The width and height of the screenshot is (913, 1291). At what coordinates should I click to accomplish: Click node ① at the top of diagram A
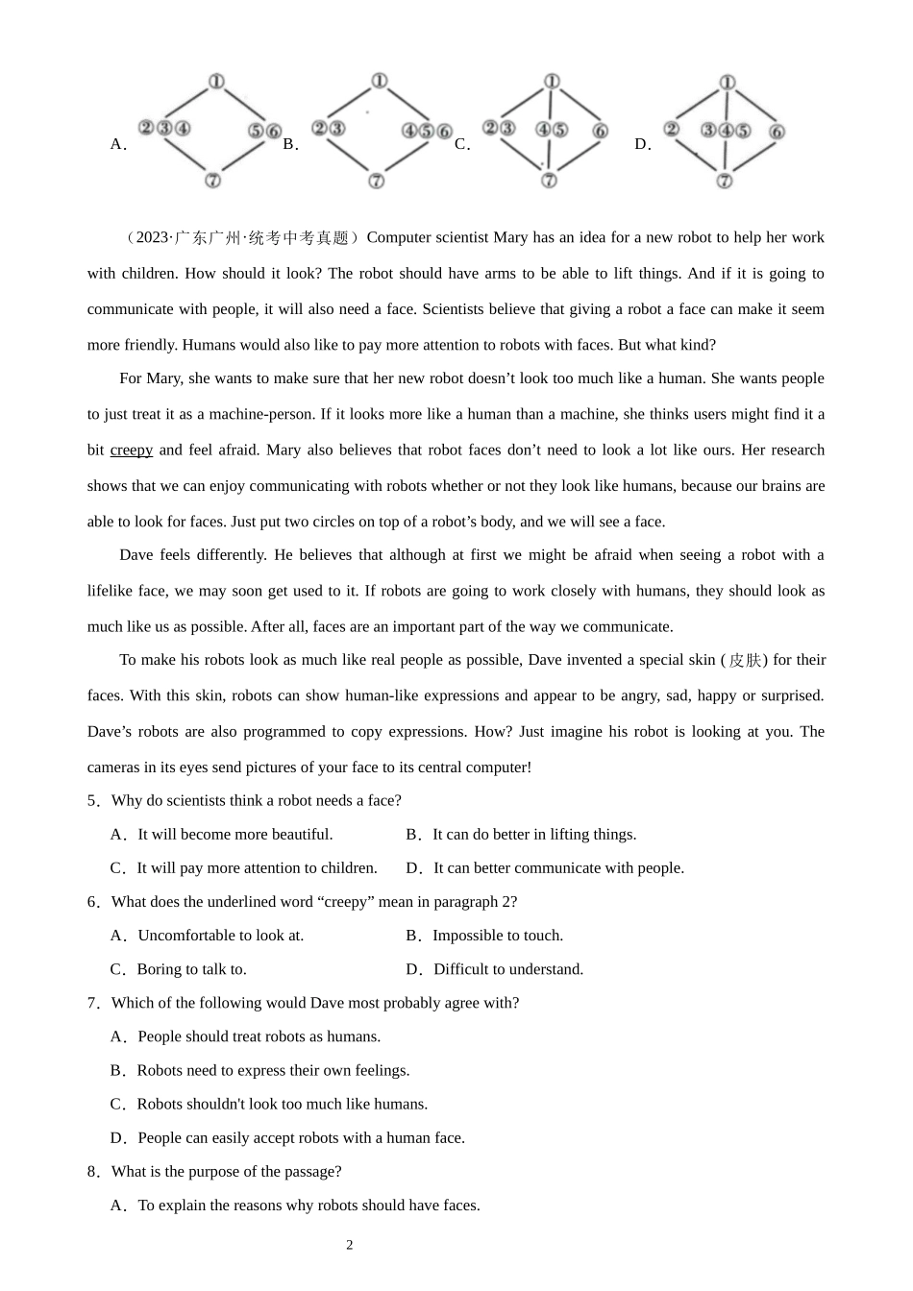pyautogui.click(x=216, y=82)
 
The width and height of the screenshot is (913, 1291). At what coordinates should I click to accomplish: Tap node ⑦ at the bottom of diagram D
pyautogui.click(x=725, y=181)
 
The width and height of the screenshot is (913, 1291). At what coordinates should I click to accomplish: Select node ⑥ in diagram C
pyautogui.click(x=601, y=131)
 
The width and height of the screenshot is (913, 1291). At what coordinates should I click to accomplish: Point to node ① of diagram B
pyautogui.click(x=379, y=82)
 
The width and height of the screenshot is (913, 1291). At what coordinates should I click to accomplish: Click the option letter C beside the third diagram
pyautogui.click(x=461, y=145)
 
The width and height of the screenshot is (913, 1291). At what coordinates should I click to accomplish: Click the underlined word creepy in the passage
pyautogui.click(x=132, y=451)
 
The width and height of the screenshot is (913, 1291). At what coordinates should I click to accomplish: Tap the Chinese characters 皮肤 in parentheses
pyautogui.click(x=745, y=660)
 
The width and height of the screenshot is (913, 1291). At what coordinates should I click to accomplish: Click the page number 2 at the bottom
pyautogui.click(x=350, y=1246)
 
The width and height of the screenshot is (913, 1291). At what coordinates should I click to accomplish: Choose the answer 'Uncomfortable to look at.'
pyautogui.click(x=220, y=936)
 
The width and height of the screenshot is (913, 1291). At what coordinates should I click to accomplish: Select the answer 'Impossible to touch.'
pyautogui.click(x=498, y=936)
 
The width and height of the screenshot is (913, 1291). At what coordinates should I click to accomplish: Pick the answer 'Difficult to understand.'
pyautogui.click(x=508, y=969)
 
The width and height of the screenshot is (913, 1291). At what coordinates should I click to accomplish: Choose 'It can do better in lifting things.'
pyautogui.click(x=534, y=835)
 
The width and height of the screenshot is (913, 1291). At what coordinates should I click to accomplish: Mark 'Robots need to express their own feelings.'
pyautogui.click(x=273, y=1070)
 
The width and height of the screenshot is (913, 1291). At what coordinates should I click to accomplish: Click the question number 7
pyautogui.click(x=92, y=1003)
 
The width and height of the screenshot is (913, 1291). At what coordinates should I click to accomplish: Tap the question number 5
pyautogui.click(x=92, y=801)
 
